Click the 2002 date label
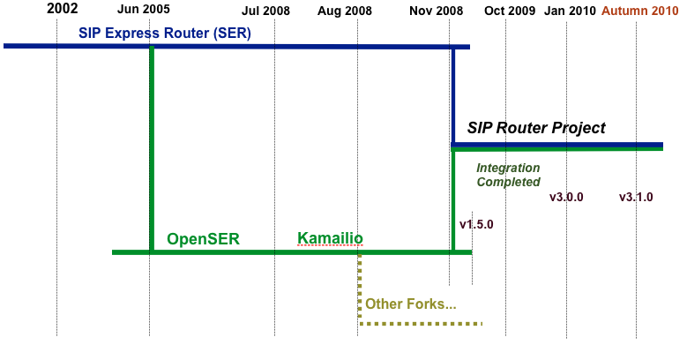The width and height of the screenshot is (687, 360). click(x=63, y=8)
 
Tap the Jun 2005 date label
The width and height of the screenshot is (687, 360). click(x=143, y=9)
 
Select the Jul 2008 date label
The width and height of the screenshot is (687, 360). click(x=265, y=11)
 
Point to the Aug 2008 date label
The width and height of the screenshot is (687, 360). click(x=344, y=11)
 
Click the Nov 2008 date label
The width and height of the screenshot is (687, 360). click(x=436, y=11)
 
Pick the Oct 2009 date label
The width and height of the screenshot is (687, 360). click(x=510, y=11)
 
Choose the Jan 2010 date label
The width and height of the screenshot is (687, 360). click(x=570, y=11)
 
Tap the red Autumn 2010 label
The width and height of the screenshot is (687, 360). click(x=639, y=11)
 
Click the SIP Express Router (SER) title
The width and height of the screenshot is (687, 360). click(x=165, y=34)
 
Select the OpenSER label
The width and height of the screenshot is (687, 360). click(x=204, y=239)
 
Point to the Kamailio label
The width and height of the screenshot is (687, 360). click(x=330, y=238)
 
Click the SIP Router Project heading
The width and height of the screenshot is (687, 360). click(x=536, y=128)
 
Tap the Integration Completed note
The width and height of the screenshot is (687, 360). click(x=508, y=175)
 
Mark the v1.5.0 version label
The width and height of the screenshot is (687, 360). click(x=476, y=224)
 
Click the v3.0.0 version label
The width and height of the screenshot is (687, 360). click(x=566, y=198)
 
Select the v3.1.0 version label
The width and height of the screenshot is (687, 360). click(x=636, y=198)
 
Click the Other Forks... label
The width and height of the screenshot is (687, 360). click(x=411, y=304)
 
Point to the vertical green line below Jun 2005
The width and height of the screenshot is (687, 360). click(x=152, y=149)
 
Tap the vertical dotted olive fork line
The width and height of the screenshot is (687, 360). click(x=360, y=289)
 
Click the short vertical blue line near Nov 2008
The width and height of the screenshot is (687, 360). click(x=453, y=96)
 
